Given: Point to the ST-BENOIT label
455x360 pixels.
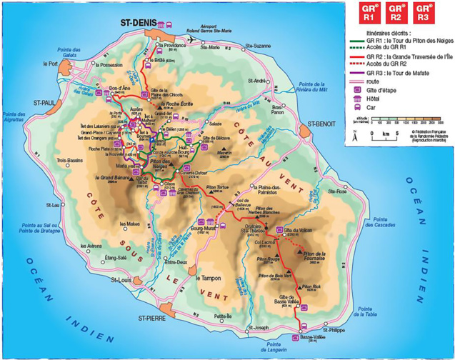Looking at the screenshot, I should coord(321,124).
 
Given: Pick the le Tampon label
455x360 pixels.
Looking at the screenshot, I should coord(209,278).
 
